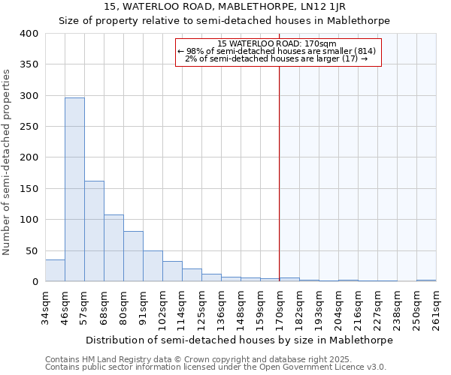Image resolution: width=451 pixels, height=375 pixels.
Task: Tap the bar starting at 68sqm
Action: click(x=114, y=248)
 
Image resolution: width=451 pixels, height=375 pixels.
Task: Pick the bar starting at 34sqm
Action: click(x=55, y=271)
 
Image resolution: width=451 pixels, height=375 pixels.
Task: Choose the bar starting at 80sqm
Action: click(x=133, y=256)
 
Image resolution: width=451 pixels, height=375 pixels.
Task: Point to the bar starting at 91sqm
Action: click(x=153, y=266)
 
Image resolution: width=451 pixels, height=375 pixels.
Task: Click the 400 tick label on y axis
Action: click(x=29, y=34)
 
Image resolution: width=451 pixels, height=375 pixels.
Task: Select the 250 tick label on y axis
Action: click(x=29, y=127)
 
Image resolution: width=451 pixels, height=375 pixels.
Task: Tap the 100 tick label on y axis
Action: click(x=29, y=220)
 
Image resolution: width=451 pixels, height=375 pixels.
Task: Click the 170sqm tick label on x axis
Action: click(x=280, y=308)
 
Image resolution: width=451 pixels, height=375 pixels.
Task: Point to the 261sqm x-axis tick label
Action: click(x=436, y=308)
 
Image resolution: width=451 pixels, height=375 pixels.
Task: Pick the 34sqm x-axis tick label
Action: click(x=46, y=308)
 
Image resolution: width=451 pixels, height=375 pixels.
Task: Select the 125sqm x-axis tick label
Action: click(x=201, y=308)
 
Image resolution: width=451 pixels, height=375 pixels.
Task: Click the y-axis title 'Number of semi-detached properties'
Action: click(x=7, y=161)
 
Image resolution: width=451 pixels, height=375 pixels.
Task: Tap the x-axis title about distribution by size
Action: click(x=240, y=340)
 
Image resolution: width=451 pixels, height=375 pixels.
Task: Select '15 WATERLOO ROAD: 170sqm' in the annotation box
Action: click(x=279, y=43)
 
